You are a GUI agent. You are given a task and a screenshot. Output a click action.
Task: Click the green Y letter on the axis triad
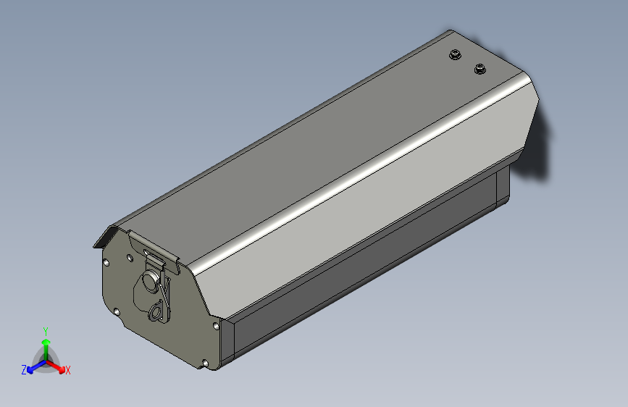pos(46,332)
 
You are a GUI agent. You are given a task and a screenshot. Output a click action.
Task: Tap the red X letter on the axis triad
pos(67,370)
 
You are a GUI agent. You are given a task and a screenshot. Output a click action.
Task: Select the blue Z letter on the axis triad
pos(24,370)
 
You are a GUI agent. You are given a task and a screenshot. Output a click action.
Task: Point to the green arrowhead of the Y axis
pos(46,342)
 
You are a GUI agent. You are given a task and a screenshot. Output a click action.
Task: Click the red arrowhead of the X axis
pos(62,369)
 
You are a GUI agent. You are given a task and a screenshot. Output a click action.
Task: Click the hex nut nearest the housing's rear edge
pos(480,69)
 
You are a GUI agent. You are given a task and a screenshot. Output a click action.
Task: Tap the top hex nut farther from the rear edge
pos(455,54)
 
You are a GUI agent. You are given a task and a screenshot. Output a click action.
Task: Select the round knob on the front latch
pos(151,280)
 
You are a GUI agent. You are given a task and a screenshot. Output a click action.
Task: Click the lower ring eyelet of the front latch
pos(156,311)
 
